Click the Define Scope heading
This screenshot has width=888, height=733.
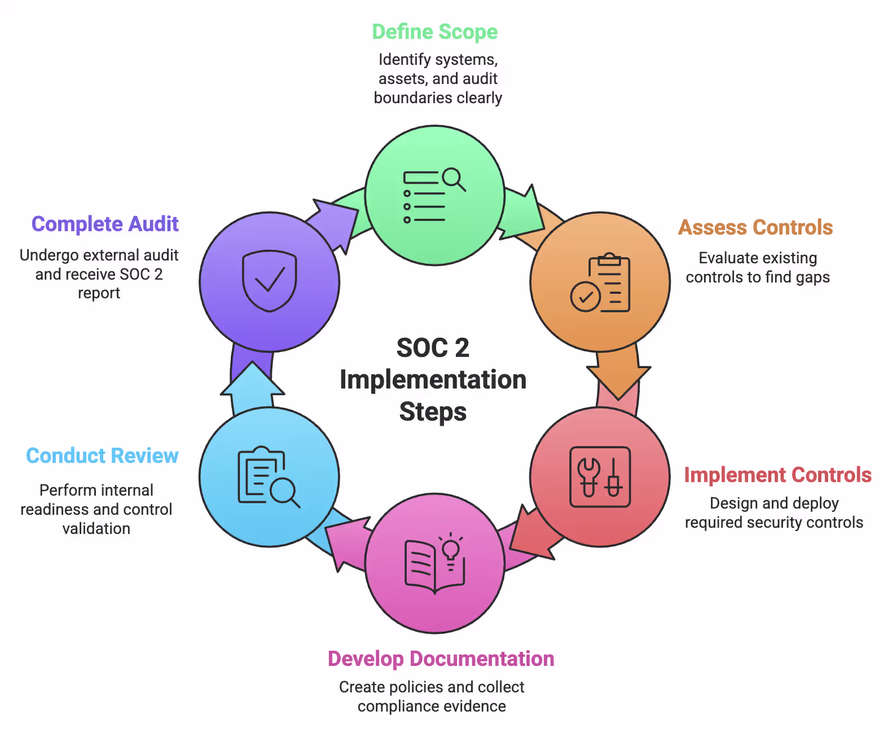434,32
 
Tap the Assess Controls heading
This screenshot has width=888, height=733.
755,227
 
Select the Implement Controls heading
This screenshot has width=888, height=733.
777,475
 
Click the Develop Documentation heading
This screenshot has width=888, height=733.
441,659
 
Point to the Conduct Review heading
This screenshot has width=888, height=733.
102,456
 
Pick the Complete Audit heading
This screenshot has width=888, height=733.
105,224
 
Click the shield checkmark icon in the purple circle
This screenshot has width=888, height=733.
269,280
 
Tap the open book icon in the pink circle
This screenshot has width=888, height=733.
434,563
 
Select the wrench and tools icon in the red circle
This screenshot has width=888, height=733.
600,477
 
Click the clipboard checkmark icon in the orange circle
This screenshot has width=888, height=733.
600,282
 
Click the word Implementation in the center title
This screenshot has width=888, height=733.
433,379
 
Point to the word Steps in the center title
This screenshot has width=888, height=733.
433,412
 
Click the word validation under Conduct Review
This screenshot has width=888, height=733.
96,528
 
